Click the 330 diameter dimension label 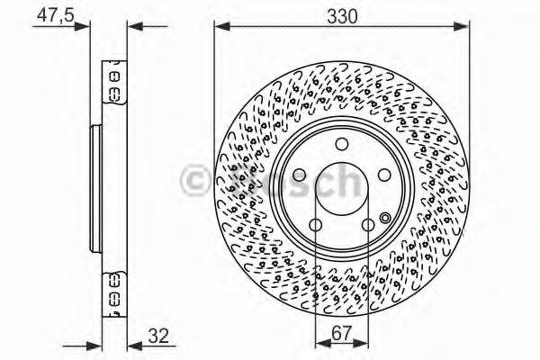click(x=343, y=16)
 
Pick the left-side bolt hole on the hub click(x=299, y=177)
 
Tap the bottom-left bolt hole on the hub click(x=315, y=225)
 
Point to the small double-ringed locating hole click(x=385, y=217)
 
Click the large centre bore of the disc click(x=342, y=188)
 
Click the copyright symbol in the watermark click(x=196, y=181)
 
